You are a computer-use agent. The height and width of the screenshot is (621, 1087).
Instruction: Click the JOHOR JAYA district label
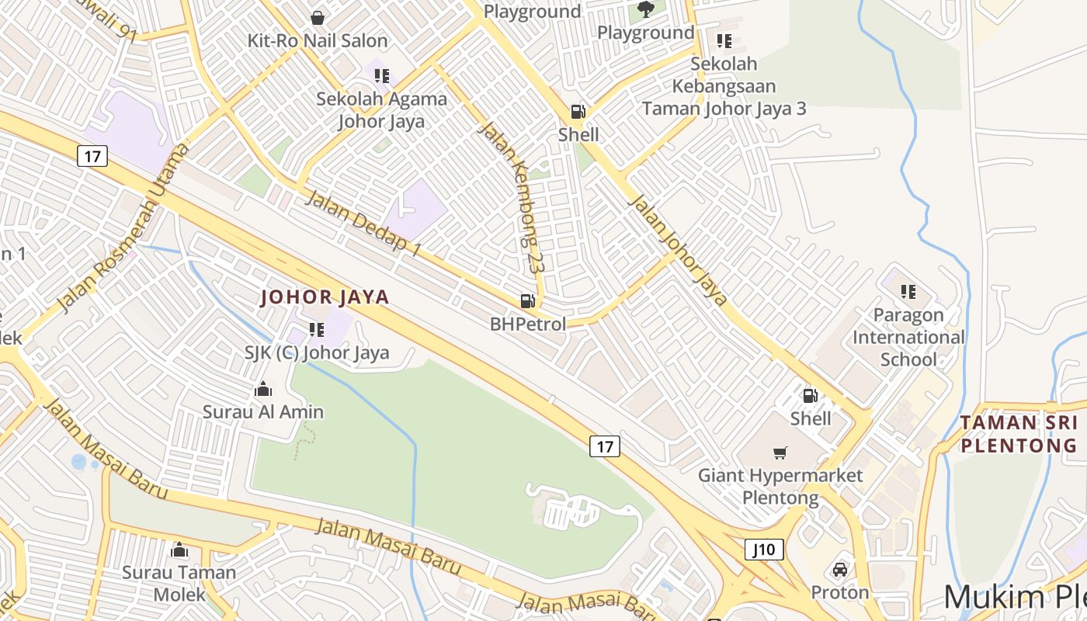[x=325, y=297]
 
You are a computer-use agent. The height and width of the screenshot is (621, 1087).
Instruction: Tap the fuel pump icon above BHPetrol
[x=527, y=301]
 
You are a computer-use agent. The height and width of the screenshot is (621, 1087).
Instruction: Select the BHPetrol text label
[x=528, y=324]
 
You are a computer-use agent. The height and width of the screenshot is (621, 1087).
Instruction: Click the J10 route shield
[x=764, y=550]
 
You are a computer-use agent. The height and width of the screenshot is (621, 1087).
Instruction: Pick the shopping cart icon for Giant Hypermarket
[x=780, y=453]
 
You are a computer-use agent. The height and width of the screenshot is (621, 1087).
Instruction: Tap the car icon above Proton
[x=839, y=570]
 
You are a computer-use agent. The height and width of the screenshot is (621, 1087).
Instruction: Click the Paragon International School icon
[x=908, y=292]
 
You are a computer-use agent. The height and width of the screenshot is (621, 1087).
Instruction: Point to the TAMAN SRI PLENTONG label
[x=1019, y=434]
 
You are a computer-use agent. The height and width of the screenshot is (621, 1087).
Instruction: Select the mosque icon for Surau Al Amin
[x=263, y=389]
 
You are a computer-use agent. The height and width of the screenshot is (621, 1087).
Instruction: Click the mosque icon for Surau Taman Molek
[x=179, y=550]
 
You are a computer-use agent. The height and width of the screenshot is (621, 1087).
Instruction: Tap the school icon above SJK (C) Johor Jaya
[x=316, y=330]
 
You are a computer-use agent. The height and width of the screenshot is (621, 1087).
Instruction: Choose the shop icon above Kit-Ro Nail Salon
[x=317, y=17]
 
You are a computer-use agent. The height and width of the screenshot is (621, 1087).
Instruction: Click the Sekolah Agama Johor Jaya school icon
[x=381, y=76]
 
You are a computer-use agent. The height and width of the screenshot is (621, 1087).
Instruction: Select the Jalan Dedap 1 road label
[x=363, y=223]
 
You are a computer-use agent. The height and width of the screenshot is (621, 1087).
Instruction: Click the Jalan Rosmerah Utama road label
[x=124, y=227]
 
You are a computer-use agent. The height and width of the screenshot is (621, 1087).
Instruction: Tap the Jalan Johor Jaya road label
[x=677, y=250]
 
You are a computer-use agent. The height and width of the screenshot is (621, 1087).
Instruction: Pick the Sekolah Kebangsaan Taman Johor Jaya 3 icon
[x=724, y=41]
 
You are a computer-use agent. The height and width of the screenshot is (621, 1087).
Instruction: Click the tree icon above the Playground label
[x=645, y=9]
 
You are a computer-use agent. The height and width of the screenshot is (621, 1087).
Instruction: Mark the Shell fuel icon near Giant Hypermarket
[x=810, y=396]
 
